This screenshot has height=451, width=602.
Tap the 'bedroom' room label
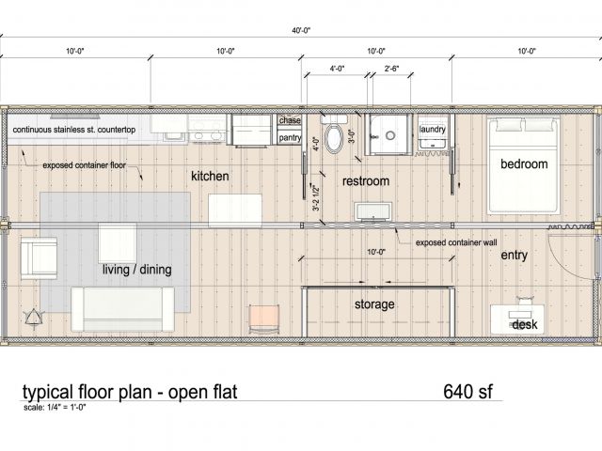(524, 164)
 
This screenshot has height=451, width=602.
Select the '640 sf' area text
(467, 392)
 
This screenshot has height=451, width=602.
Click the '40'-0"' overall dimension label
(301, 31)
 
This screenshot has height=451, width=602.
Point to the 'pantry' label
(291, 137)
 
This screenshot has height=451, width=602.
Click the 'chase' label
(290, 120)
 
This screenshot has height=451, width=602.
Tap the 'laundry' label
(433, 130)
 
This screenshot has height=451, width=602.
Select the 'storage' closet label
(374, 304)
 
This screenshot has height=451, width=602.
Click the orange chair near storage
(263, 319)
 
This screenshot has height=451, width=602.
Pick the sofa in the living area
(122, 309)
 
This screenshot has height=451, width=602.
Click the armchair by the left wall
(39, 258)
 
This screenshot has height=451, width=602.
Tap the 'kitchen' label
(210, 177)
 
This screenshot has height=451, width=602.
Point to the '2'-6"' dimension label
(391, 69)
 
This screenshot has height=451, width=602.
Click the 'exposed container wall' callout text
(456, 242)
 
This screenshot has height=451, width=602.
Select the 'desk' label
(525, 324)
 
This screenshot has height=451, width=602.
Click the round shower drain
(390, 135)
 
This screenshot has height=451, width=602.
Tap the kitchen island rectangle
(235, 210)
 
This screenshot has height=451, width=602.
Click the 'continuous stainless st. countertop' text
(74, 130)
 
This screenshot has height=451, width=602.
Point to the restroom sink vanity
(373, 212)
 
